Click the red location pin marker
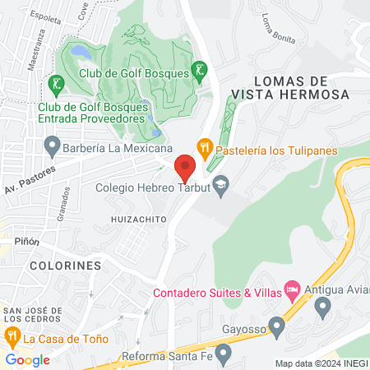185,168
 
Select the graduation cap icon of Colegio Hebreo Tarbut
220,187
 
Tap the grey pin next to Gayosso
277,328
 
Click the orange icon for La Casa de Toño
12,337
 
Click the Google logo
27,360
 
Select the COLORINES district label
65,266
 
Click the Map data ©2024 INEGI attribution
321,363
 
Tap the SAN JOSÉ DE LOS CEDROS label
42,315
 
